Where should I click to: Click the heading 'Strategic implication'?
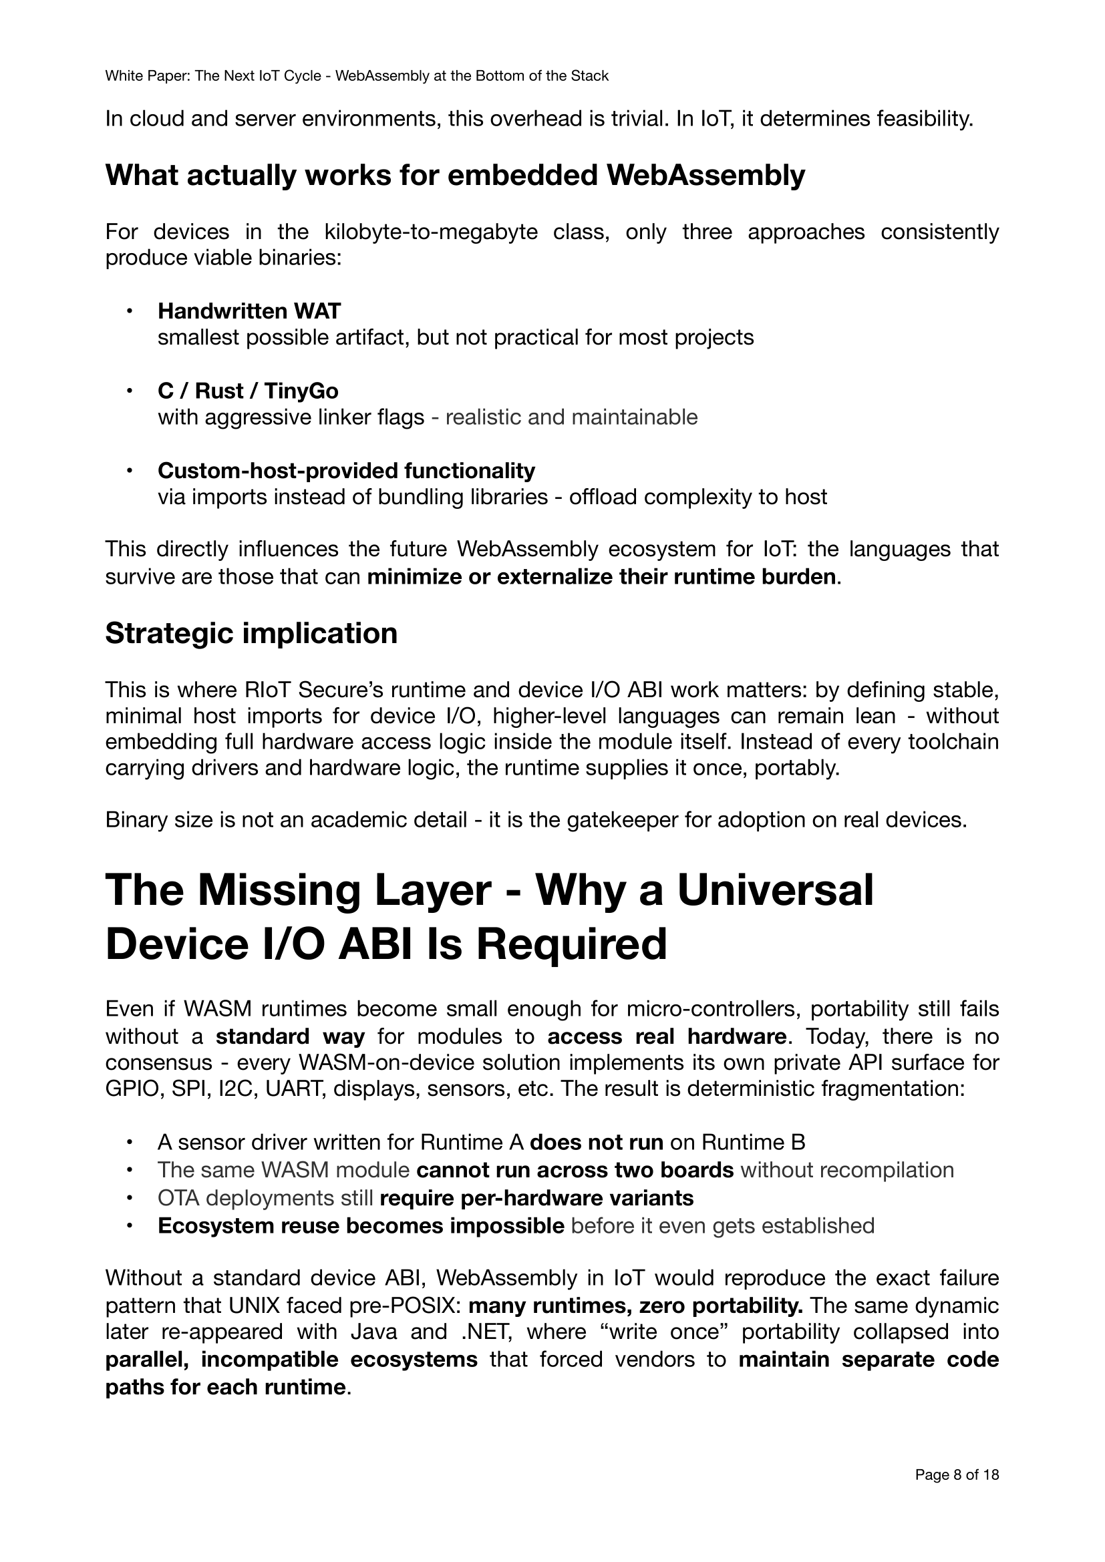pos(251,633)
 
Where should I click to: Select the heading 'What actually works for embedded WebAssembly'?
pos(455,176)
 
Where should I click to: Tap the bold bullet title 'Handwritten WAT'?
pos(249,311)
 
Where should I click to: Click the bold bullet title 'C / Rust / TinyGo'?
pos(248,391)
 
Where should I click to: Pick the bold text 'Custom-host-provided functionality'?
pos(346,470)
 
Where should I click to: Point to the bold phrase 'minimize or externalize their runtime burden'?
pos(601,576)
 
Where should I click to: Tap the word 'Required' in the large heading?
pos(564,944)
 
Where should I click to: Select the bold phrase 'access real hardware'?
pos(666,1036)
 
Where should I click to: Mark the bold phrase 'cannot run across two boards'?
pos(575,1169)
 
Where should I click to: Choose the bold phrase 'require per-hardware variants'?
pos(536,1197)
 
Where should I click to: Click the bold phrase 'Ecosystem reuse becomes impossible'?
pos(361,1225)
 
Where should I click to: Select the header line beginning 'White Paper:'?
pos(357,76)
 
